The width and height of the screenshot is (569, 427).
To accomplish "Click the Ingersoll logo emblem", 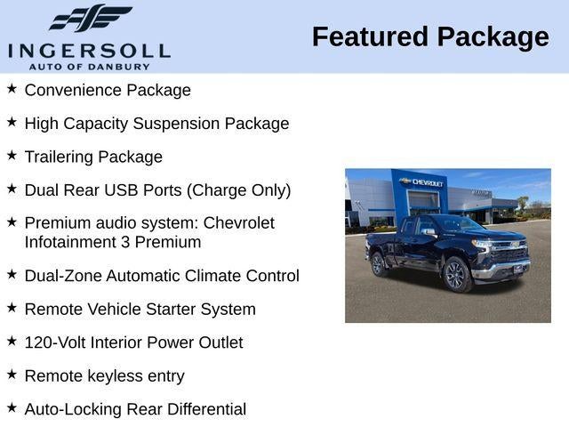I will point(90,18).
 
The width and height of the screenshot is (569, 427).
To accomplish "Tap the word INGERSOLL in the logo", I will point(89,50).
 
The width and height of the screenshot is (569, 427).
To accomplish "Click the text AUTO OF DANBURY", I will point(89,67).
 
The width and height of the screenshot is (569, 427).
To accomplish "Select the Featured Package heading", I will point(430,36).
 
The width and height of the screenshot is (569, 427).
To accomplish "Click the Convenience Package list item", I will point(108,90).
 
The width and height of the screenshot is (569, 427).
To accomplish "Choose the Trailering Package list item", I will point(93,157).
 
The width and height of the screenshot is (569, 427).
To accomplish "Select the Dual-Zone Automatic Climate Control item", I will point(162,276).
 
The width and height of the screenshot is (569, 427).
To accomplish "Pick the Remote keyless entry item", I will point(104,376).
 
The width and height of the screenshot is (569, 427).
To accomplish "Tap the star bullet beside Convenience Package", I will point(12,89).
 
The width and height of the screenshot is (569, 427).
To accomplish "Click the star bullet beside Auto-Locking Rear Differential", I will point(12,407).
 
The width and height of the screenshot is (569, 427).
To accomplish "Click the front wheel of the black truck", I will point(456,276).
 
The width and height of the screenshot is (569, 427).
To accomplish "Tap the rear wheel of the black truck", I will point(379,264).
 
